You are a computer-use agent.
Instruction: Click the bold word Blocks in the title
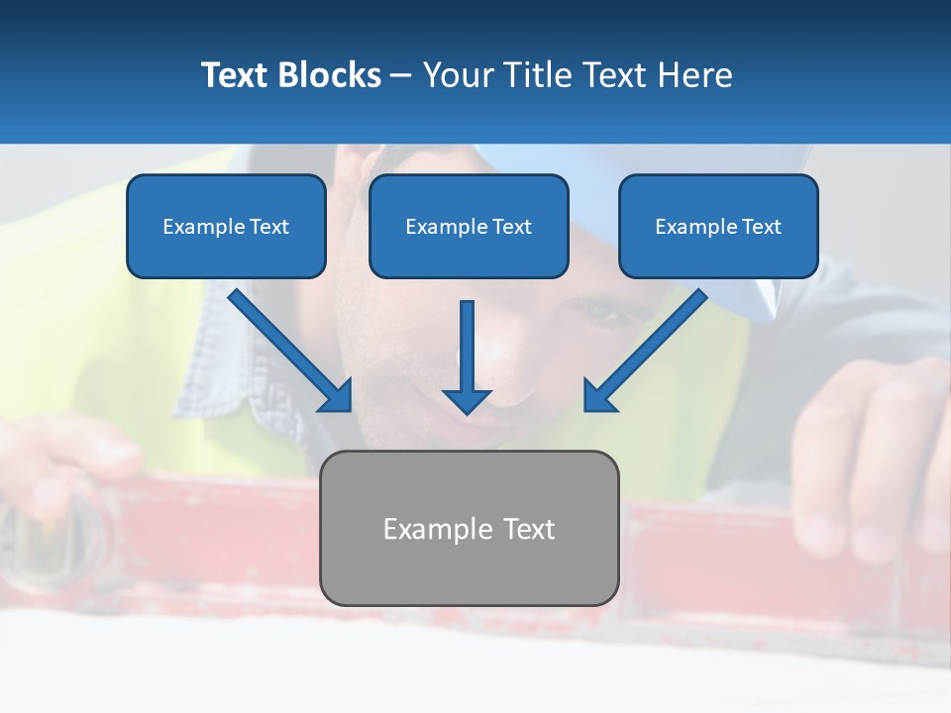pos(330,75)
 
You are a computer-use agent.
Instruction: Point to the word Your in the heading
pos(458,75)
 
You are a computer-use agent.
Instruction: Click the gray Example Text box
pos(469,569)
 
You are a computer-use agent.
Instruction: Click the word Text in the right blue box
pos(761,227)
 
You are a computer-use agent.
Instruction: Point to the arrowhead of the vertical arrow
pos(467,400)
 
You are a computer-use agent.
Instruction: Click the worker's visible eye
pos(598,311)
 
